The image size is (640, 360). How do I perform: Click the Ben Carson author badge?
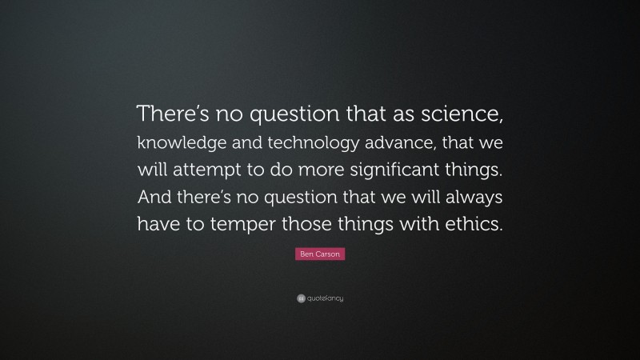pos(320,254)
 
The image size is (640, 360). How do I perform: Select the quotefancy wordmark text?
pos(325,298)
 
